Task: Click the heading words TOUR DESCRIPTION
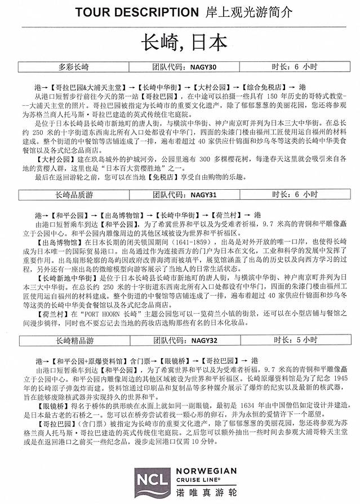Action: coord(133,12)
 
